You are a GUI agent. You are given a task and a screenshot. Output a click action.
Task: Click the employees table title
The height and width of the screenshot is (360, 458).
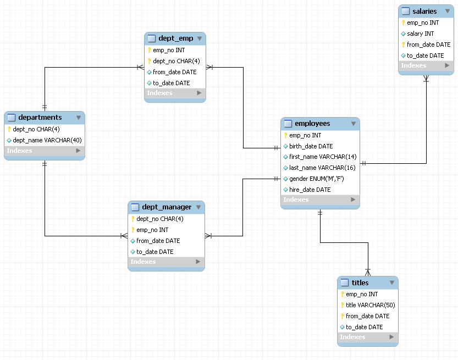point(312,124)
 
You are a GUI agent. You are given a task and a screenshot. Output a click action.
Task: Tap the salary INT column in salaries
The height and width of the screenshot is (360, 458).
point(420,34)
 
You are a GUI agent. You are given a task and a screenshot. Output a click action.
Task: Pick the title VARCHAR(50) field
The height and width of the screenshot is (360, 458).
point(370,305)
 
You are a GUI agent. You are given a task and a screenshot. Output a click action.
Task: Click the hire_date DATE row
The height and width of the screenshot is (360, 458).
point(310,190)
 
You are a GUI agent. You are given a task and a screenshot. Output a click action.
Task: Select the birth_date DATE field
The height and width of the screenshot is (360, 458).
point(311,146)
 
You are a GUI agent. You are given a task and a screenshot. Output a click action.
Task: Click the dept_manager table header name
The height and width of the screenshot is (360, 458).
point(167,207)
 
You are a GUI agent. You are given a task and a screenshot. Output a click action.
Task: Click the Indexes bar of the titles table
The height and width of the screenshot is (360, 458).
point(367,337)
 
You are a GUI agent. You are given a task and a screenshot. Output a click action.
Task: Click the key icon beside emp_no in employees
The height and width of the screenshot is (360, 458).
point(286,135)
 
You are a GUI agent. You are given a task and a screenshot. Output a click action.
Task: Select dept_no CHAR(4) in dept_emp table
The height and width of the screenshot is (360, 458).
point(176,61)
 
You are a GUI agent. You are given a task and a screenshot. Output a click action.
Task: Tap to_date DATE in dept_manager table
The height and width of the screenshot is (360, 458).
point(154,252)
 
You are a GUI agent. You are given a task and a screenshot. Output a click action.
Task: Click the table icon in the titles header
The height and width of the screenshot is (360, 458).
point(345,283)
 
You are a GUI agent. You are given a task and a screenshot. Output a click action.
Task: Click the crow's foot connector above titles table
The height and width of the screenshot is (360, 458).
point(368,272)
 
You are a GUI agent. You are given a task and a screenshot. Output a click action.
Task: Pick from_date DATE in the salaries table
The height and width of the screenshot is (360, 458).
point(428,45)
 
